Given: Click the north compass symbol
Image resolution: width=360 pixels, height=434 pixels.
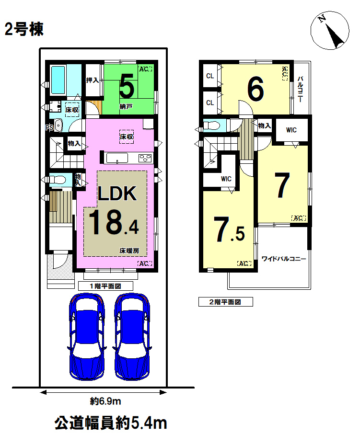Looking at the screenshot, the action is pos(329,31).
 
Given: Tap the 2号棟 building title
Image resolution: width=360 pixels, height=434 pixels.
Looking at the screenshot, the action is pos(24,29).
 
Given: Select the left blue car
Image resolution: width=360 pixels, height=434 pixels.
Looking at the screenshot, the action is pos(87,337).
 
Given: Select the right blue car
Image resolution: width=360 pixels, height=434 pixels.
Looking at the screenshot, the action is pos(132,337).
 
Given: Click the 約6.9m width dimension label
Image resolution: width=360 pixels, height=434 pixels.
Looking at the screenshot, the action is pos(105,401).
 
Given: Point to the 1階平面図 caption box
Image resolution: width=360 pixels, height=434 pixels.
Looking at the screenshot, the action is pos(105,286).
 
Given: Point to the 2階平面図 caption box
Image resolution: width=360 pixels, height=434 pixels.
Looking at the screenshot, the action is pos(225,302).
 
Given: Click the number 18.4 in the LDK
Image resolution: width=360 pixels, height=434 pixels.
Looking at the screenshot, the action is pos(114,222).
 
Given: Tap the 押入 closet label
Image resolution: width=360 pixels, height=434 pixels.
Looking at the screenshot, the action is pos(92,80).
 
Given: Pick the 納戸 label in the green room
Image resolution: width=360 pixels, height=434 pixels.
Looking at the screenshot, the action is pos(126,106).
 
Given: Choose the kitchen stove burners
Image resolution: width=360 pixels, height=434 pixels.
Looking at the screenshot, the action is pos(145,158).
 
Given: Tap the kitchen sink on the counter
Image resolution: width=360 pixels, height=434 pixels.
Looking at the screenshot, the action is pos(117,158).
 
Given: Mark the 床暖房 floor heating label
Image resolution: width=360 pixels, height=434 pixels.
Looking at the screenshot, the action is pos(129,251).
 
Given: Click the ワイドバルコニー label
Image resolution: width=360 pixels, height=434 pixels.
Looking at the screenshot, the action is pos(284,259).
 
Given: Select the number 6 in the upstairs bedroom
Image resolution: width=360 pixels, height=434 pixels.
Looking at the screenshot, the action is pos(255,89).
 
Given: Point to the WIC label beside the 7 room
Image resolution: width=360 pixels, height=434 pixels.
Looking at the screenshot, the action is pos(291,130).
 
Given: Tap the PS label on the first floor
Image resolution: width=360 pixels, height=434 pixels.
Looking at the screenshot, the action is pos(49,128).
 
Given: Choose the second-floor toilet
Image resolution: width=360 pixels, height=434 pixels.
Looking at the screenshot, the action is pos(212,126).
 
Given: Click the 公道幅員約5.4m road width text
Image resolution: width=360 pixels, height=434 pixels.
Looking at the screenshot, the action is pos(110,423).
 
